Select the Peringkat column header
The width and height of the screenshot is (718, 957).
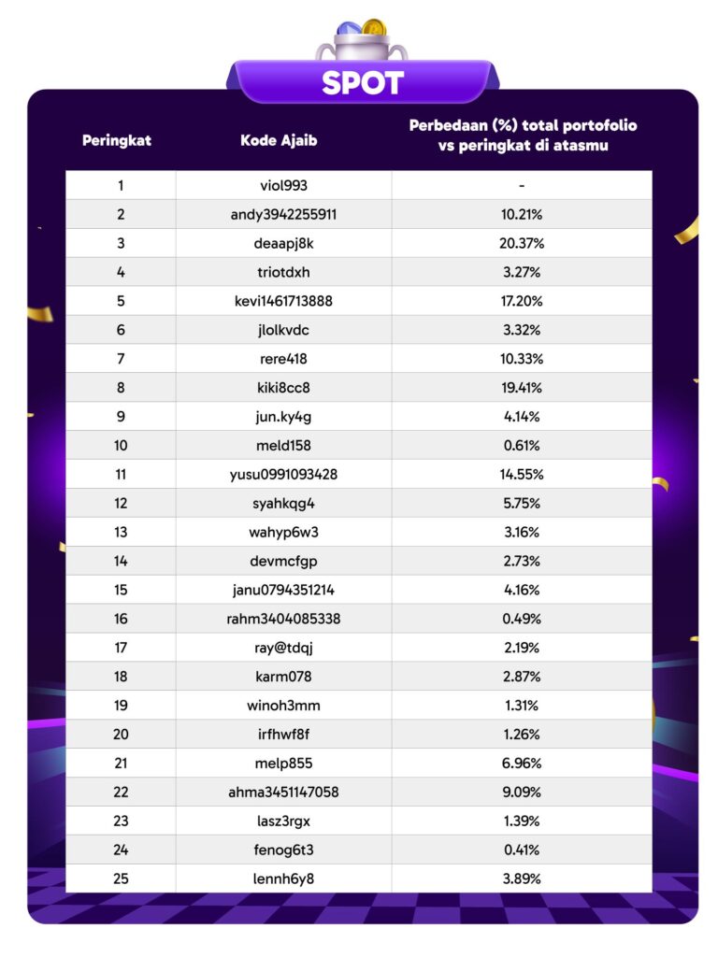pos(117,141)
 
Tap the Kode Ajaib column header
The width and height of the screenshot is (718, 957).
pos(279,141)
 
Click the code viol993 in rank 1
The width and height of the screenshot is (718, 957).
pos(283,185)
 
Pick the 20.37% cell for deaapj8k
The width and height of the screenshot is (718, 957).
pos(522,243)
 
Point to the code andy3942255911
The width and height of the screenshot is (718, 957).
pos(283,214)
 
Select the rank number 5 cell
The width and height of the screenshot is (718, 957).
pos(121,301)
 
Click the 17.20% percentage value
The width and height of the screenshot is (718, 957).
pos(522,301)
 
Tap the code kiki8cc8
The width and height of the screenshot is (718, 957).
pos(283,388)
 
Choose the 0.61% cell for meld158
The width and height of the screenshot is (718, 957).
pos(522,446)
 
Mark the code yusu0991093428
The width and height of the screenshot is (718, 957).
pos(283,475)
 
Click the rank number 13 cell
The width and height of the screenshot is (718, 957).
pos(121,533)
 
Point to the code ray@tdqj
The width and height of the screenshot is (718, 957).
pos(283,648)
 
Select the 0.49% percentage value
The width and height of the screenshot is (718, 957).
pos(522,619)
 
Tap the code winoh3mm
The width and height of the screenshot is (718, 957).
pos(283,706)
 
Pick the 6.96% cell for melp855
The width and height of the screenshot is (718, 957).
pos(522,764)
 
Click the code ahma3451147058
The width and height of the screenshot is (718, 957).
pos(283,793)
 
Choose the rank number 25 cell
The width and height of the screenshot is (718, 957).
pos(121,878)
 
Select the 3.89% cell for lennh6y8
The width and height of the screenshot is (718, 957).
pos(522,878)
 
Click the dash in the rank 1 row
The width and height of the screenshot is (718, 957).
pos(522,186)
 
